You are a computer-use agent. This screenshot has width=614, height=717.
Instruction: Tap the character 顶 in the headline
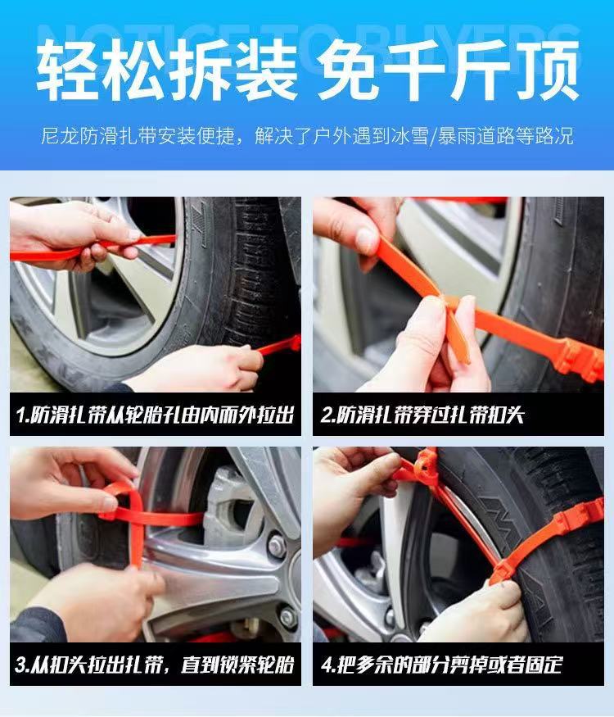tap(548, 70)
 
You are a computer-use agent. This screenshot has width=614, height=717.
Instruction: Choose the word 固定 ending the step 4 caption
tap(544, 665)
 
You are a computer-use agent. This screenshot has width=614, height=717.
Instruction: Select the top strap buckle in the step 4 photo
tap(423, 463)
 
